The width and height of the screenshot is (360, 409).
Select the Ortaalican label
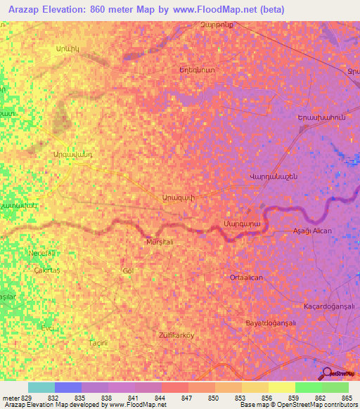pos(246,278)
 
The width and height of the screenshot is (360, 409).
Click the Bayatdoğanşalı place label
pos(269,323)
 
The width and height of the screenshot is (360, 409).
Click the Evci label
pos(47,327)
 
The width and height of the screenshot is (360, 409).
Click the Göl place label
pos(127,271)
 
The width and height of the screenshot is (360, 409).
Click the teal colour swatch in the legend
pos(41,387)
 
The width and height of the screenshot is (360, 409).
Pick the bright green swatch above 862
pos(309,387)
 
